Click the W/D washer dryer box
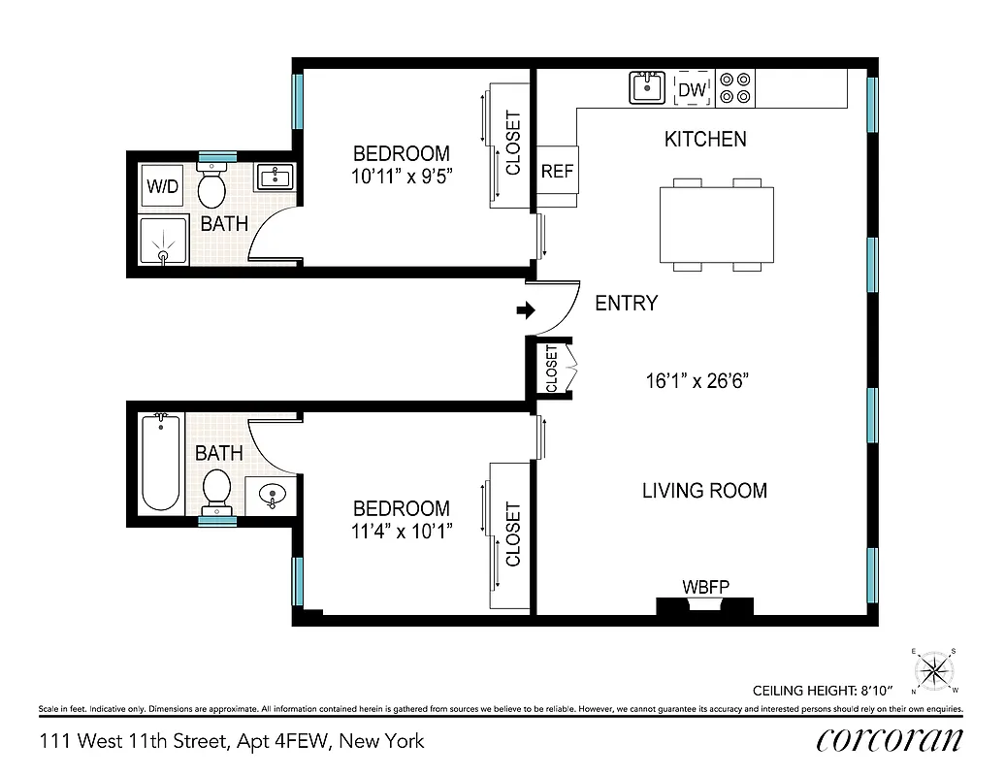[163, 186]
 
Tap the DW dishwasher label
[691, 90]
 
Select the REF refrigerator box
[557, 171]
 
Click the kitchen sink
[646, 88]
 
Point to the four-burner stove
[734, 88]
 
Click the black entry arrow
[526, 310]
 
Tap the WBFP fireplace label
[705, 586]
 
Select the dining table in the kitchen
[717, 224]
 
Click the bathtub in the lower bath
[161, 463]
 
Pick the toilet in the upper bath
[211, 185]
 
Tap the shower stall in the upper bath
[163, 241]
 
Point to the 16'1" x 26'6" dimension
[697, 380]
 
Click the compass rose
[934, 670]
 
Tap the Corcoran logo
[890, 741]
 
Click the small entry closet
[551, 369]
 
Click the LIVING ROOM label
[704, 491]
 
